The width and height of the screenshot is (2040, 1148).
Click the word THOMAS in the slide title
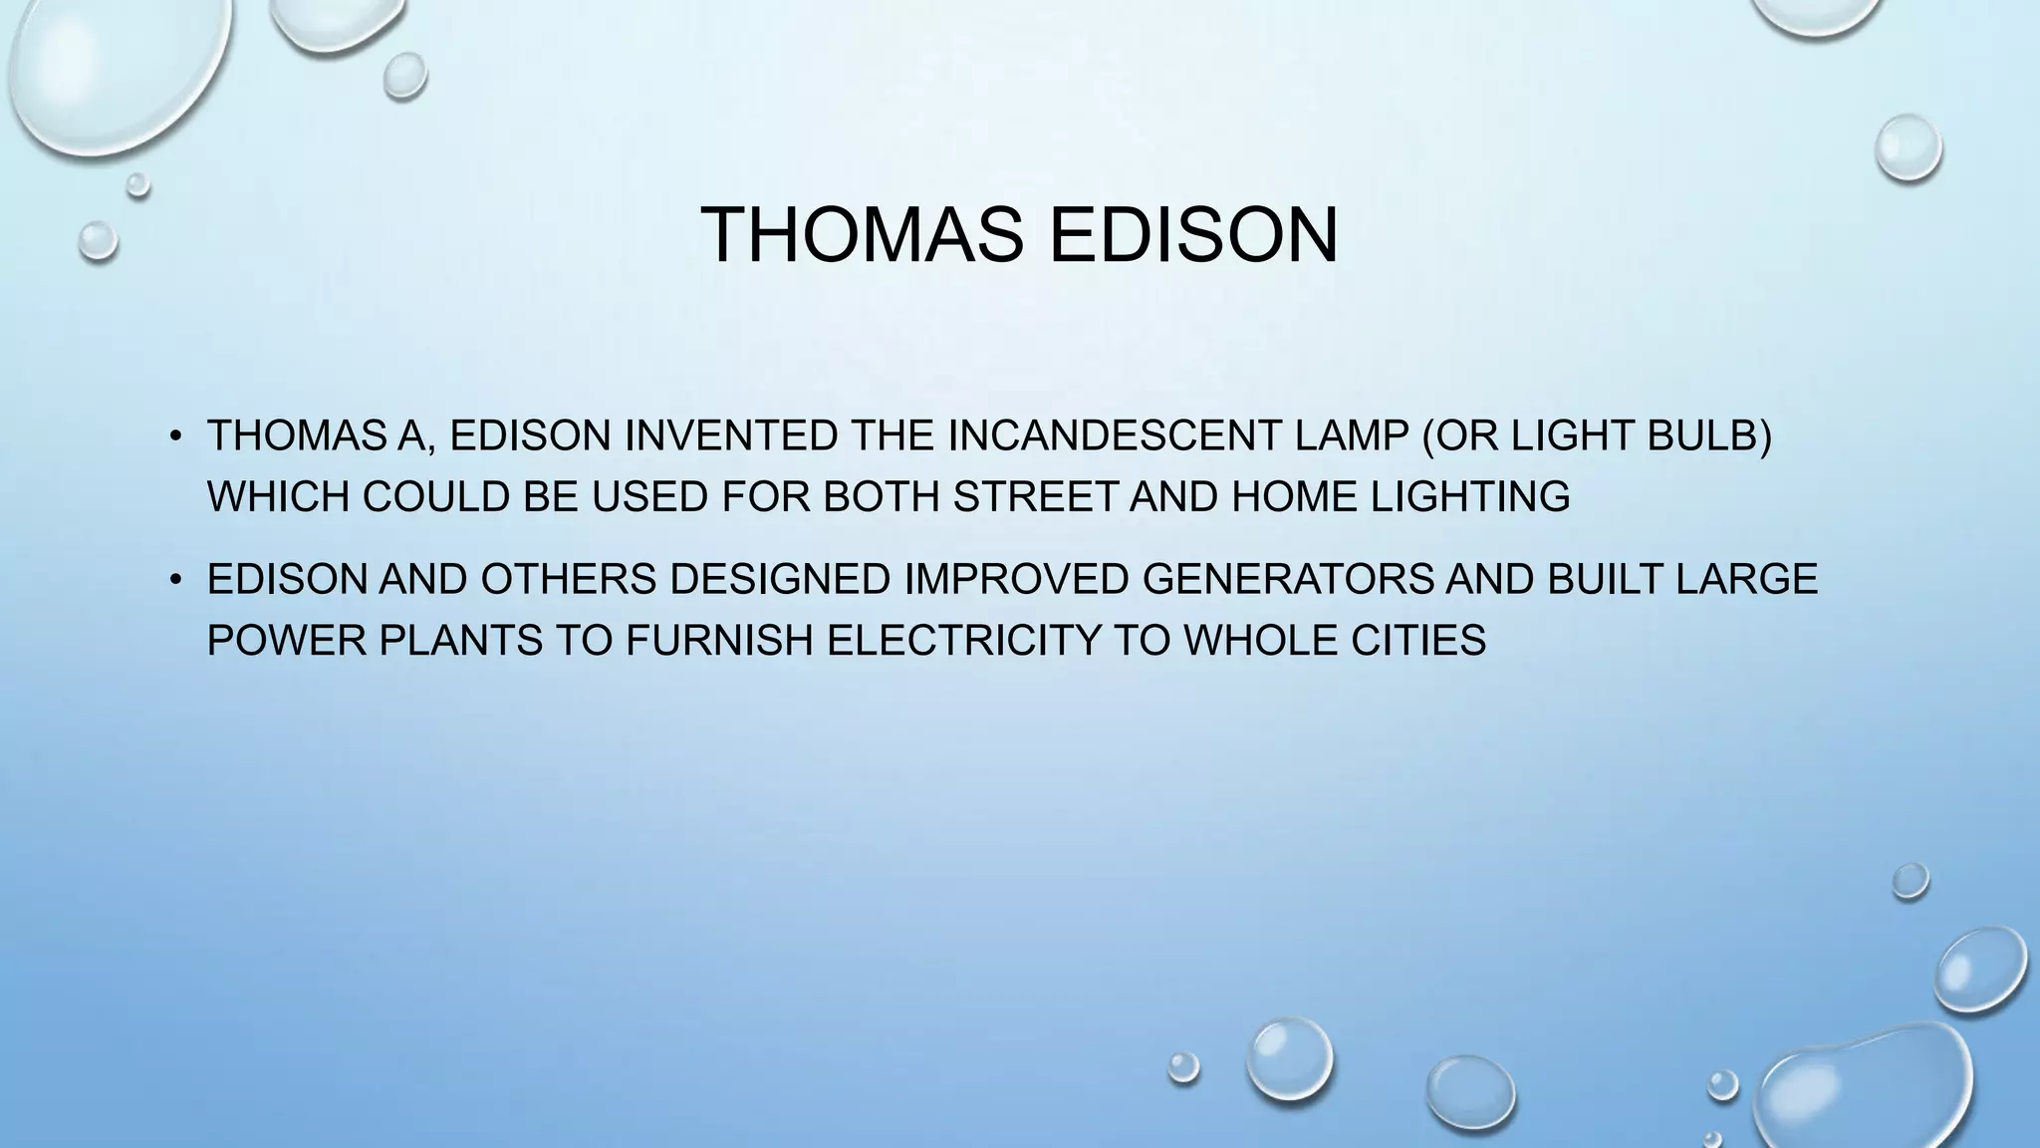[862, 235]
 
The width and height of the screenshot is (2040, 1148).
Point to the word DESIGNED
[780, 579]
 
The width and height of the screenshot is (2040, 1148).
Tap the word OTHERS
[568, 579]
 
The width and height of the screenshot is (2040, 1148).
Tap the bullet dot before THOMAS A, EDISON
[175, 436]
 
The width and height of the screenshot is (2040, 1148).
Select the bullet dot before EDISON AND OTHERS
[175, 579]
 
